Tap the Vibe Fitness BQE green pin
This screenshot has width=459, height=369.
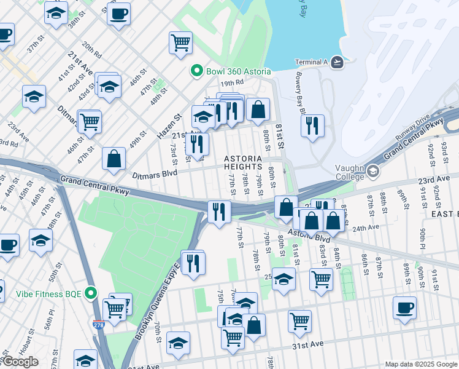[x=91, y=293]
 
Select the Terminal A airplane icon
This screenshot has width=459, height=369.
[x=337, y=62]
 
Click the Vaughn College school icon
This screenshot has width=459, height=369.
[x=372, y=170]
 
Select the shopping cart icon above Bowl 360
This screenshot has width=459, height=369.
[x=180, y=42]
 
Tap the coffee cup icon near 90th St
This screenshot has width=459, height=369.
[x=404, y=307]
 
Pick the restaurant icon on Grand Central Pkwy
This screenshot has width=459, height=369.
[x=219, y=211]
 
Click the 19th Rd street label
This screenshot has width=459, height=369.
[x=233, y=82]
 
